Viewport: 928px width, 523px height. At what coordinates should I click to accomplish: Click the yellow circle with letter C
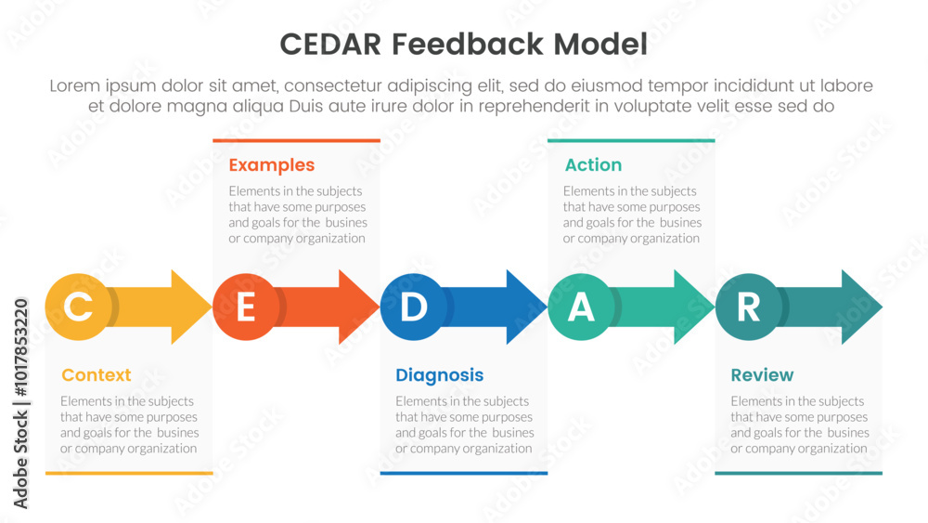click(79, 307)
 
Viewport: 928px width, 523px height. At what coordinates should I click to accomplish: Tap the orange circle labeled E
click(246, 307)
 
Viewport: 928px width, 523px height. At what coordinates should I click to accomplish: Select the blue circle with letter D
click(414, 307)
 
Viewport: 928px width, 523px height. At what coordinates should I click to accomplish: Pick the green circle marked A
click(581, 307)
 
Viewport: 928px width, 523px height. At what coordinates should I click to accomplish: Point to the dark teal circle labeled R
click(749, 307)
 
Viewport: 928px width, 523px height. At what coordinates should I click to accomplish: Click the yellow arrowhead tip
click(212, 307)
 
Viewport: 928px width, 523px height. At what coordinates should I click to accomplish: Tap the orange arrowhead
click(358, 307)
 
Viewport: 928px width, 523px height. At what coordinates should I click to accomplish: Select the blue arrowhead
click(526, 307)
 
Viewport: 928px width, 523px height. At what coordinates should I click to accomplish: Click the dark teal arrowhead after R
click(862, 307)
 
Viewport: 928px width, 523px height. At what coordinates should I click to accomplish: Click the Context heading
click(97, 375)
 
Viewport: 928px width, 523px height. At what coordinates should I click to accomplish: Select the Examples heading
click(272, 165)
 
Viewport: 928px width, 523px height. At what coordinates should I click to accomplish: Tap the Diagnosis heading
click(440, 375)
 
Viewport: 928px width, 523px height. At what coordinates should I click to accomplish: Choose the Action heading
click(594, 164)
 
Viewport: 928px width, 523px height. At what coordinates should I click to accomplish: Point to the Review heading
click(762, 375)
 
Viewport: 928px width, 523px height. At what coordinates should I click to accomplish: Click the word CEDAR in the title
click(331, 45)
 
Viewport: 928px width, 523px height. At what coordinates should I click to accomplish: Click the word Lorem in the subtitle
click(74, 85)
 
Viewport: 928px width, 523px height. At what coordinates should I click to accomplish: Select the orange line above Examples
click(297, 140)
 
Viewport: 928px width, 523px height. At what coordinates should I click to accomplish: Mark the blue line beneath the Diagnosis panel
click(464, 473)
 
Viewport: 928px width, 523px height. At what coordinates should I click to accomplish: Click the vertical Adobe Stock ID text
click(20, 404)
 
